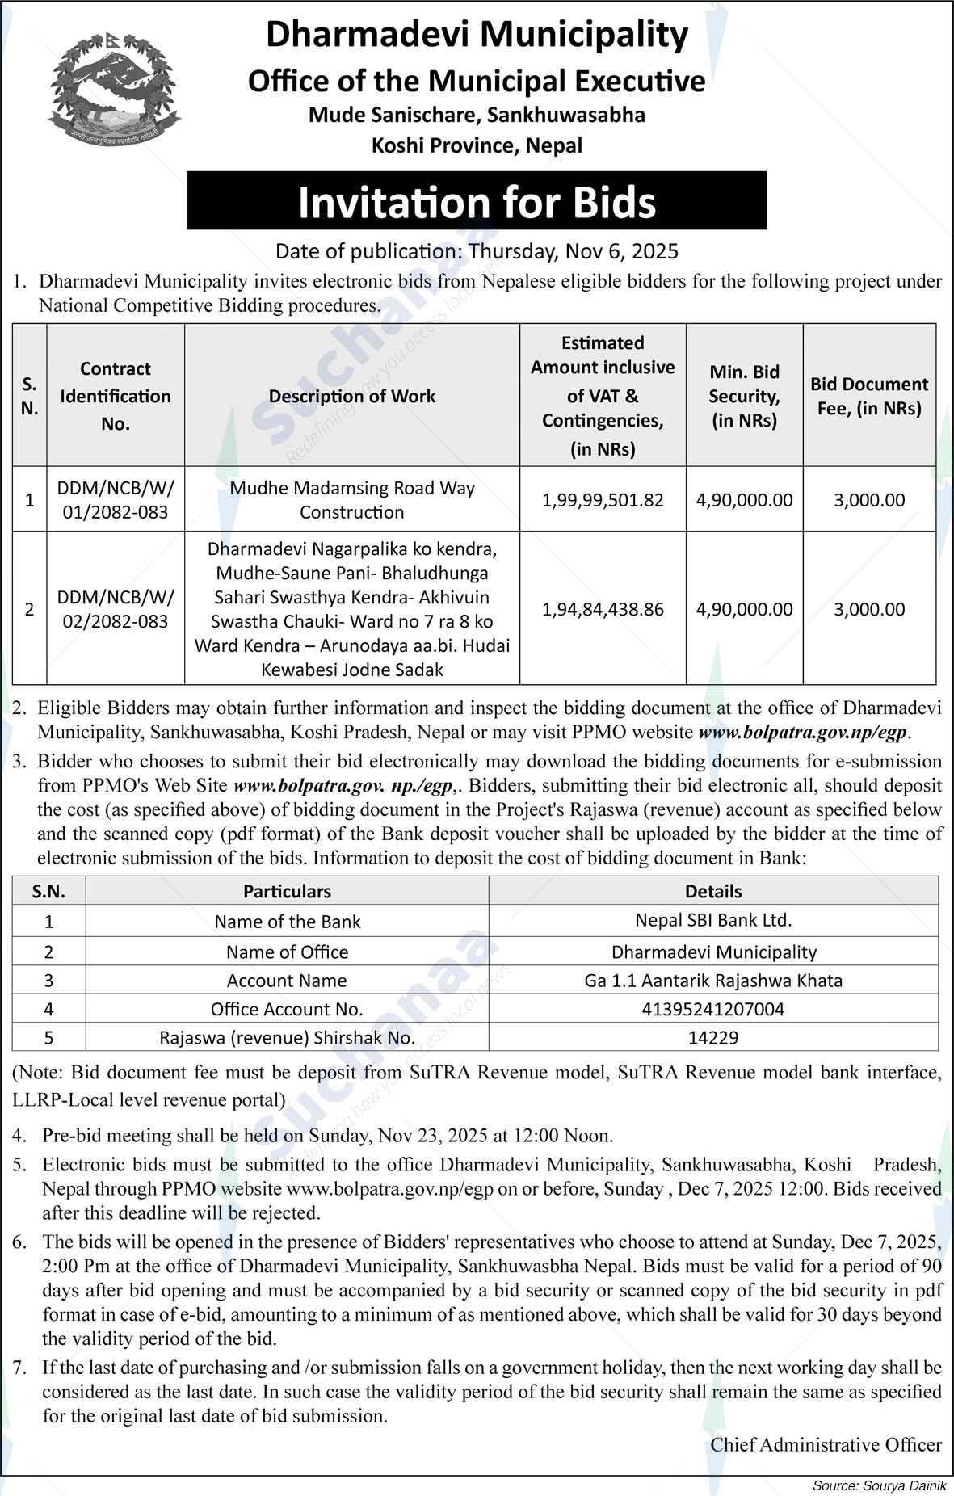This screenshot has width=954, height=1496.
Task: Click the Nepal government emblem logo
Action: pos(113,90)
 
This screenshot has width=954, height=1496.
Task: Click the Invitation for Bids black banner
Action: pos(477,201)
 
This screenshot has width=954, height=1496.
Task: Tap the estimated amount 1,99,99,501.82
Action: pos(603,500)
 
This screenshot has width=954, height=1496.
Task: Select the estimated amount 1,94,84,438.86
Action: pos(603,609)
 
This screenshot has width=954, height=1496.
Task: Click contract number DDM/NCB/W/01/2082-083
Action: pos(116,500)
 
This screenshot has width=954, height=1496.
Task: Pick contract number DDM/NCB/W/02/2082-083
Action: pos(116,609)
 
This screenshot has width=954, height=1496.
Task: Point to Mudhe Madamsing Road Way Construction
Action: pos(352,500)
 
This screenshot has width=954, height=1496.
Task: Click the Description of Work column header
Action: pos(352,396)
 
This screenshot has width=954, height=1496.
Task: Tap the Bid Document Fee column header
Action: pos(869,396)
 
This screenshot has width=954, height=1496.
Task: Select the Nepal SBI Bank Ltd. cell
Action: pos(713,920)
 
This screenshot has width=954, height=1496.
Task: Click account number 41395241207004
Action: pos(713,1009)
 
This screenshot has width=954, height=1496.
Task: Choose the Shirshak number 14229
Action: pos(713,1038)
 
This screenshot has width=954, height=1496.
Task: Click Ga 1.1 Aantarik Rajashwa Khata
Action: pos(713,981)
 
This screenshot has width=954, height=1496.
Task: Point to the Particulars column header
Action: pos(287,891)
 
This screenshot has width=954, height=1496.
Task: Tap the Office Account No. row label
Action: pos(287,1009)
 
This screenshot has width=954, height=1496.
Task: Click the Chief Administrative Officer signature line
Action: pos(826,1444)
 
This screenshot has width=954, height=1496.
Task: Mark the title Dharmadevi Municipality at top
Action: pos(477,36)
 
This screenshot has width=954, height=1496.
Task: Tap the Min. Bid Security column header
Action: pos(744,396)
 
